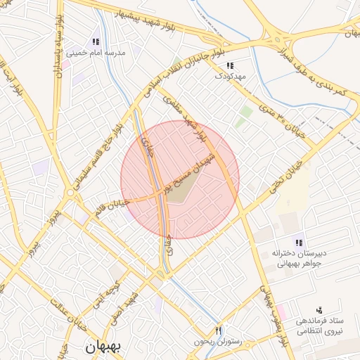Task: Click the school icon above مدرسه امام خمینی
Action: pos(96,41)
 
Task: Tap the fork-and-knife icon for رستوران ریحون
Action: pos(219,331)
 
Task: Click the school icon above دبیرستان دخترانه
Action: pos(300,243)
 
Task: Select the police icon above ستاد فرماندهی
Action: pos(319,310)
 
